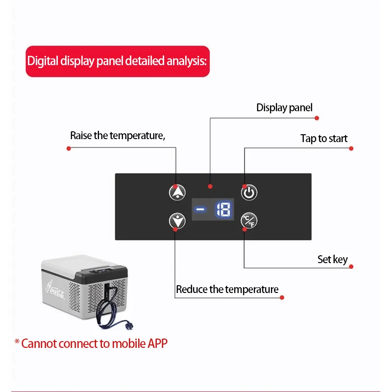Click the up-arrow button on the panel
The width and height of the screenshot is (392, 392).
(x=177, y=192)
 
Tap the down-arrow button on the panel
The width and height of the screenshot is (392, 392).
(x=177, y=221)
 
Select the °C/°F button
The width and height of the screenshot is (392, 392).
(x=249, y=221)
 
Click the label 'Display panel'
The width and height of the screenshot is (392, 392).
(x=284, y=108)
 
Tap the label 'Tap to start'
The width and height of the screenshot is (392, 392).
(x=324, y=139)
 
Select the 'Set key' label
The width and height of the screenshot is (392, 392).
(x=332, y=260)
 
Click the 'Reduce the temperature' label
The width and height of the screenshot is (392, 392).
(x=227, y=290)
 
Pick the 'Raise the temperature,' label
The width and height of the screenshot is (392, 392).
(x=118, y=136)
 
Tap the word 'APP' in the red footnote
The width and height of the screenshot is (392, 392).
(x=157, y=343)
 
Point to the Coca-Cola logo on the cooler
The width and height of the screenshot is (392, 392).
(x=59, y=291)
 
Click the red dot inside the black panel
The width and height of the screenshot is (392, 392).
(x=210, y=186)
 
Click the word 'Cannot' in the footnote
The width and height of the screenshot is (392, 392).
(x=39, y=343)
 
